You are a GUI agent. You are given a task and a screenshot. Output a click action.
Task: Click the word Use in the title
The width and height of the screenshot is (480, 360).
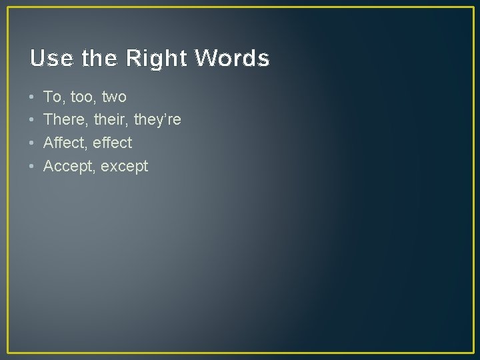(x=51, y=59)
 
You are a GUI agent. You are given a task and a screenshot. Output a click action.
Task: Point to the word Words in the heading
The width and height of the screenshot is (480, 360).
(x=232, y=59)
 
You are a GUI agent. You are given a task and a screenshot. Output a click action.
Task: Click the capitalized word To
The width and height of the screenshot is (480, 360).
(x=53, y=97)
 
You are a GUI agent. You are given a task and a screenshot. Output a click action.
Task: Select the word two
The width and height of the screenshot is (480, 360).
(x=114, y=97)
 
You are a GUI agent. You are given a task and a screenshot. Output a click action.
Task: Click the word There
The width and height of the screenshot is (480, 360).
(x=63, y=120)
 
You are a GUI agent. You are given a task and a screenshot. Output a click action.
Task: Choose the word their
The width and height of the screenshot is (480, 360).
(x=108, y=120)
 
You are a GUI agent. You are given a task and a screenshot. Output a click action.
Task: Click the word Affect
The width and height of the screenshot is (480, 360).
(x=63, y=143)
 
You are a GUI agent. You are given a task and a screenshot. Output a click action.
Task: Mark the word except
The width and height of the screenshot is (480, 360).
(x=124, y=167)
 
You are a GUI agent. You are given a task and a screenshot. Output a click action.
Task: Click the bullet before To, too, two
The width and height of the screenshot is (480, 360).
(x=32, y=97)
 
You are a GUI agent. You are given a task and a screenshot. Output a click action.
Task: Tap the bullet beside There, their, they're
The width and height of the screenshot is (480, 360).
(x=32, y=120)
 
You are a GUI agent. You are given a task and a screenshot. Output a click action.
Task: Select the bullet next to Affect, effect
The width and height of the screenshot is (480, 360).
(x=32, y=143)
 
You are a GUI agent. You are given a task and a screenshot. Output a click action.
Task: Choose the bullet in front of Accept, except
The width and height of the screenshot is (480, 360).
(x=32, y=166)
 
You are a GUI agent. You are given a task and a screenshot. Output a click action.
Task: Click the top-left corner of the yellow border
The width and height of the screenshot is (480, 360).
(x=7, y=7)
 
